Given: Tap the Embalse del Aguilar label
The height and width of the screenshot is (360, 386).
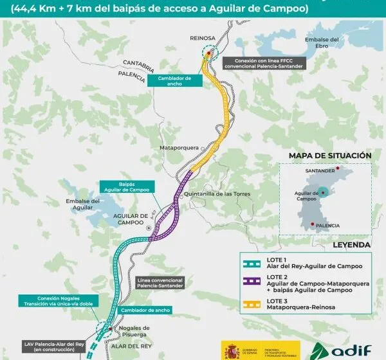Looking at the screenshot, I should (x=83, y=204).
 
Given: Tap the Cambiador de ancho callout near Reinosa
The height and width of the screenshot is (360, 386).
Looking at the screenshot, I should (x=175, y=80).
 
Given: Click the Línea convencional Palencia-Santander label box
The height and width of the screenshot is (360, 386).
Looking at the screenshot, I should (x=160, y=284).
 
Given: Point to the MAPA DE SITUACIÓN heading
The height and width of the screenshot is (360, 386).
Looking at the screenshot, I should (x=330, y=156).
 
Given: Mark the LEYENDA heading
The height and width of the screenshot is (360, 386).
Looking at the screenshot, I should (x=351, y=245).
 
